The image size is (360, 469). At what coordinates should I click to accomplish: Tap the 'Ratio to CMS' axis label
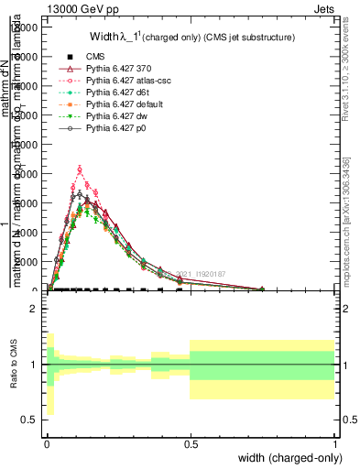click(x=14, y=365)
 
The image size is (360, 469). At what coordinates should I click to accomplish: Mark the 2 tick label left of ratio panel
click(x=36, y=310)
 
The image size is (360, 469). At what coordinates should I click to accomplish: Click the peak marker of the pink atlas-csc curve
click(x=80, y=169)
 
